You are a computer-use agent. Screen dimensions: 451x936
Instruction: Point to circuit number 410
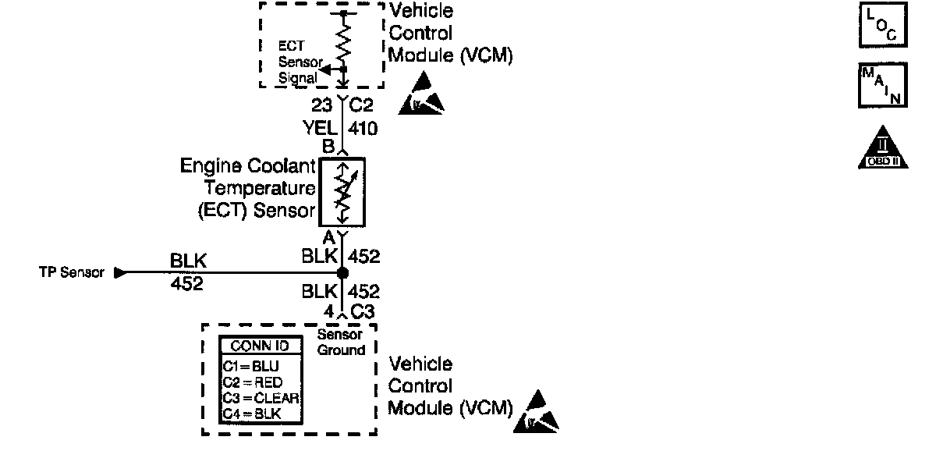363,128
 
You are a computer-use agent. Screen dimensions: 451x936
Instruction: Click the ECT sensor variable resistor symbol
342,191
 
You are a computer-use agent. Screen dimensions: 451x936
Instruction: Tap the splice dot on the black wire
342,273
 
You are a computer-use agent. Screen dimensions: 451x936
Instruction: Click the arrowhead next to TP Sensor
119,273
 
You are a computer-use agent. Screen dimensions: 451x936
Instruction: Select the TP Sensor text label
71,273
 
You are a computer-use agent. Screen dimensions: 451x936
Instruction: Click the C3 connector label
363,311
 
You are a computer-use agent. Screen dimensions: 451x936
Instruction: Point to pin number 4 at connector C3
329,311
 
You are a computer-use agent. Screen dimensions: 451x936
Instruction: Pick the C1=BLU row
250,365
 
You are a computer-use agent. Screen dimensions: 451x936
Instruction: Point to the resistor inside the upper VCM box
343,41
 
